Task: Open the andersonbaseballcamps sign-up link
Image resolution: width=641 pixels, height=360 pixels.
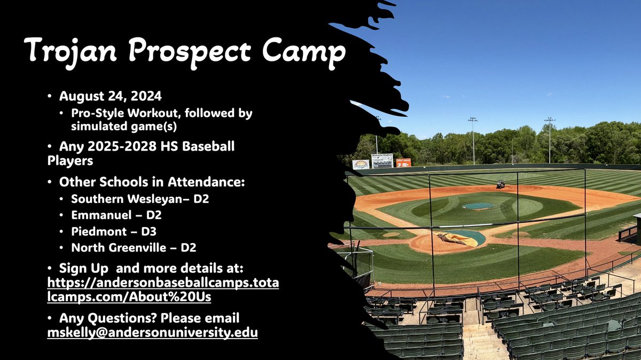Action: click(163, 288)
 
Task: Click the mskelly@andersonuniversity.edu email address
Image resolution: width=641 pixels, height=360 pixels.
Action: click(153, 332)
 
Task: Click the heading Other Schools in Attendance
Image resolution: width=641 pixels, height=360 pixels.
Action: click(152, 182)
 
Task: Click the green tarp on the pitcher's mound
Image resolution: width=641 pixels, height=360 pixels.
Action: click(478, 206)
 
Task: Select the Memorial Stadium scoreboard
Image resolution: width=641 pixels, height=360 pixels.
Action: click(382, 161)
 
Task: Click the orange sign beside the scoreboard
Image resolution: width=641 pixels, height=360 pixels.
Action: click(403, 162)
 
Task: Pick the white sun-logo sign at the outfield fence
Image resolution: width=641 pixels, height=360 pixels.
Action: click(361, 165)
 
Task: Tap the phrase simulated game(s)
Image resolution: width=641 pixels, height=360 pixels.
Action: click(117, 126)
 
